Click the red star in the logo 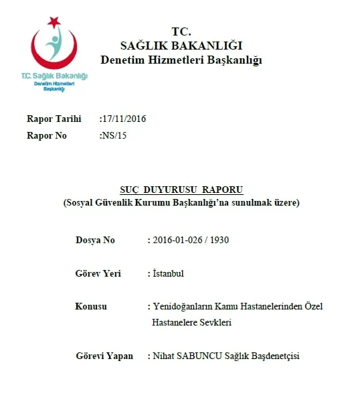(54, 23)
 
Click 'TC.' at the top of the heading (181, 31)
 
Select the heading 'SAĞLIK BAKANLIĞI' (181, 46)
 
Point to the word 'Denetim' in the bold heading (126, 60)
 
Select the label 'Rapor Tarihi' (54, 119)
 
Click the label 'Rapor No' (47, 135)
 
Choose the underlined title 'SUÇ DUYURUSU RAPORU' (181, 190)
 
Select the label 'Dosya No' (95, 240)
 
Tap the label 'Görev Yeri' (98, 273)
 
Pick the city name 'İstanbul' (168, 273)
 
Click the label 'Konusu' (91, 306)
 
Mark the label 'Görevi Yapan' (104, 356)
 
